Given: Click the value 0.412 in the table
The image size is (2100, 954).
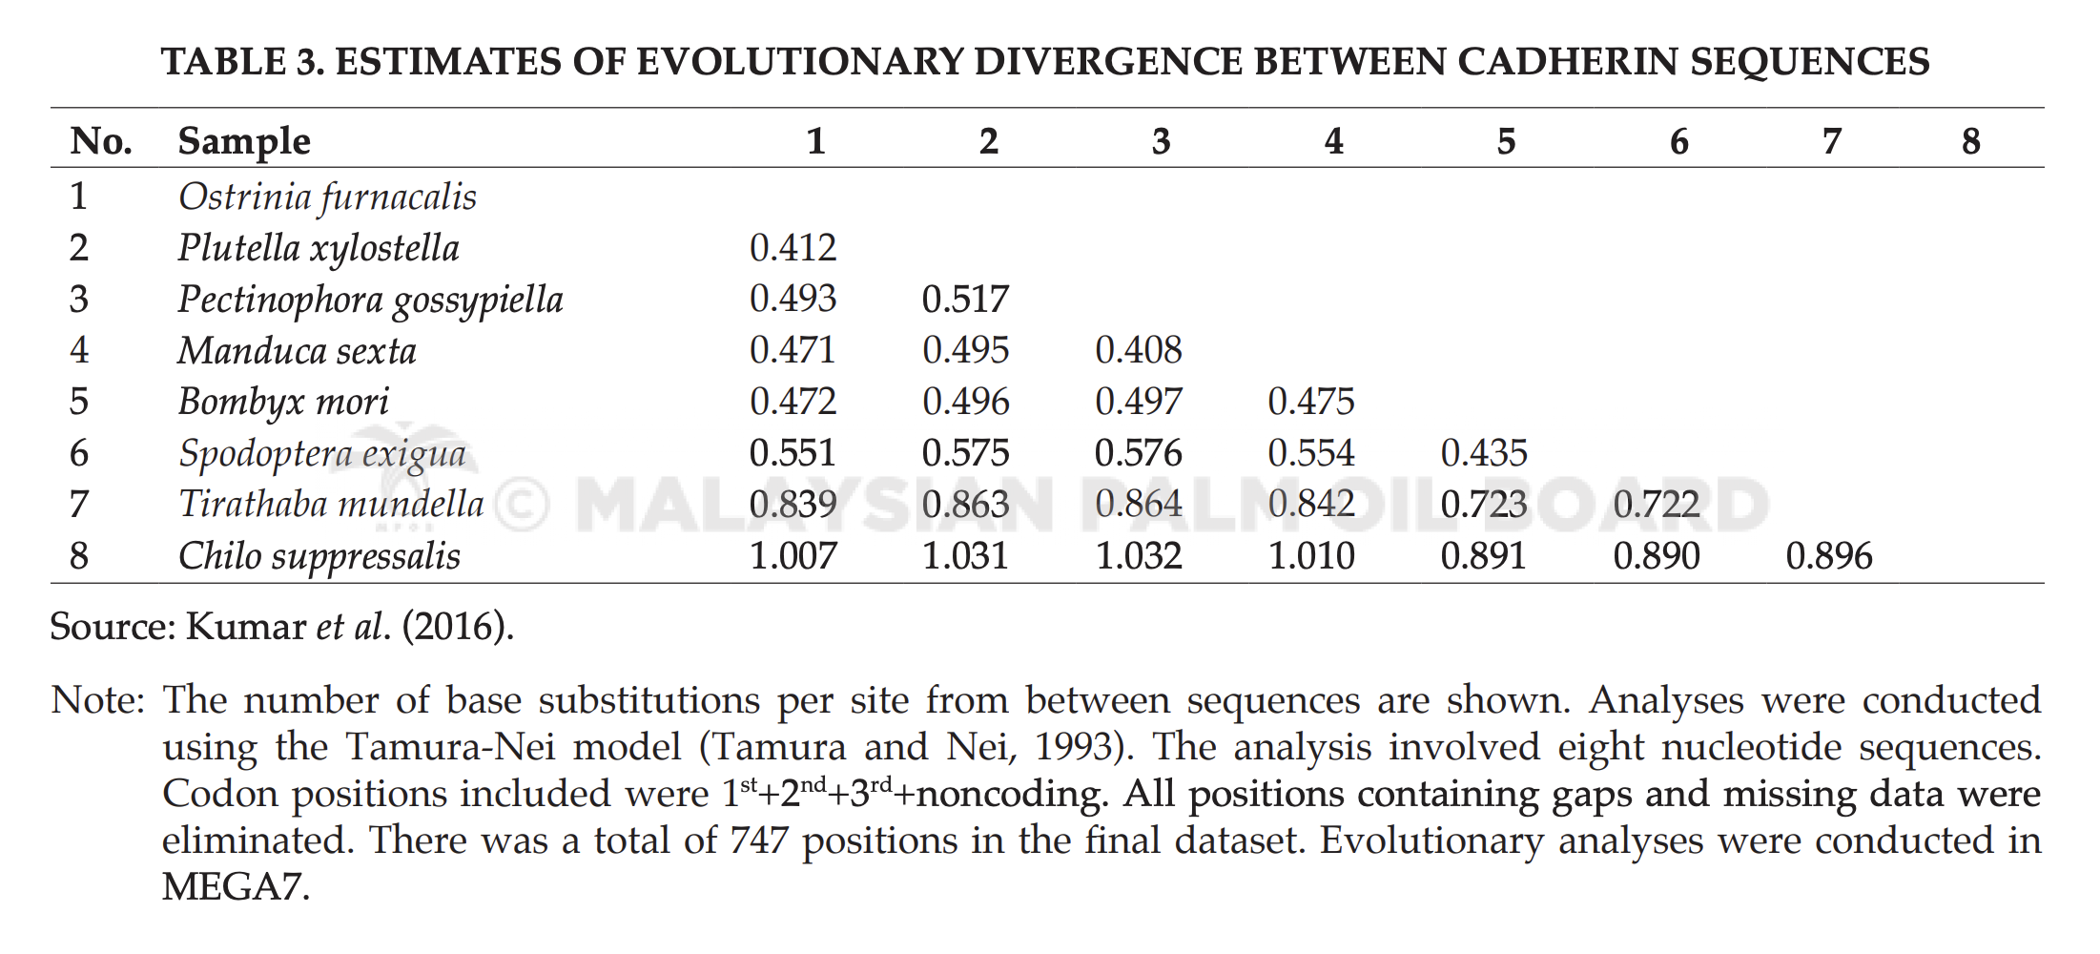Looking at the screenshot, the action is point(793,248).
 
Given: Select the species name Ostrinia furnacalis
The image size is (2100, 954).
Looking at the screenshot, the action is point(327,197).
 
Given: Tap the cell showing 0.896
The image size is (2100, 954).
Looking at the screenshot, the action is point(1829,556).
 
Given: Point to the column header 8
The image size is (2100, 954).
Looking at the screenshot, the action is point(1971,141).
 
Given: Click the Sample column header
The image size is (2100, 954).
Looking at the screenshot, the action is point(244,142).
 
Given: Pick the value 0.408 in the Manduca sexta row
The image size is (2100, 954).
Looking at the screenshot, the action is point(1139,350).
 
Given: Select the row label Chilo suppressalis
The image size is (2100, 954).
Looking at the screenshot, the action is point(319,557).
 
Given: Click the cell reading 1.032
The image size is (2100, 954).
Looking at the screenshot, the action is point(1139,556).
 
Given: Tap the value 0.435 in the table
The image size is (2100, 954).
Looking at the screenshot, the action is point(1484,453).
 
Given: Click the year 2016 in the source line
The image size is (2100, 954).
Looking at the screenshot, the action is point(456,627).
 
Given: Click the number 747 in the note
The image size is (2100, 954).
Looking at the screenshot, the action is point(759,840).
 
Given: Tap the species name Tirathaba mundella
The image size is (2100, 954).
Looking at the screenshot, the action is point(331,505).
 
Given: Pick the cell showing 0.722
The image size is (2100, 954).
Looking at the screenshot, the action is point(1657,505).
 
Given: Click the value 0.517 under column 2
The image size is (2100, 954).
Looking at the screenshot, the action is point(965,300).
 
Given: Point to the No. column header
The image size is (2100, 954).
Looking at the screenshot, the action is point(101,141).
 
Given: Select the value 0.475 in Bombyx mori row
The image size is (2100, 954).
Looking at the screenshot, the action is point(1311,402).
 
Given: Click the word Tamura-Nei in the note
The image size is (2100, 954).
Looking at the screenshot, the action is point(450,747).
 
